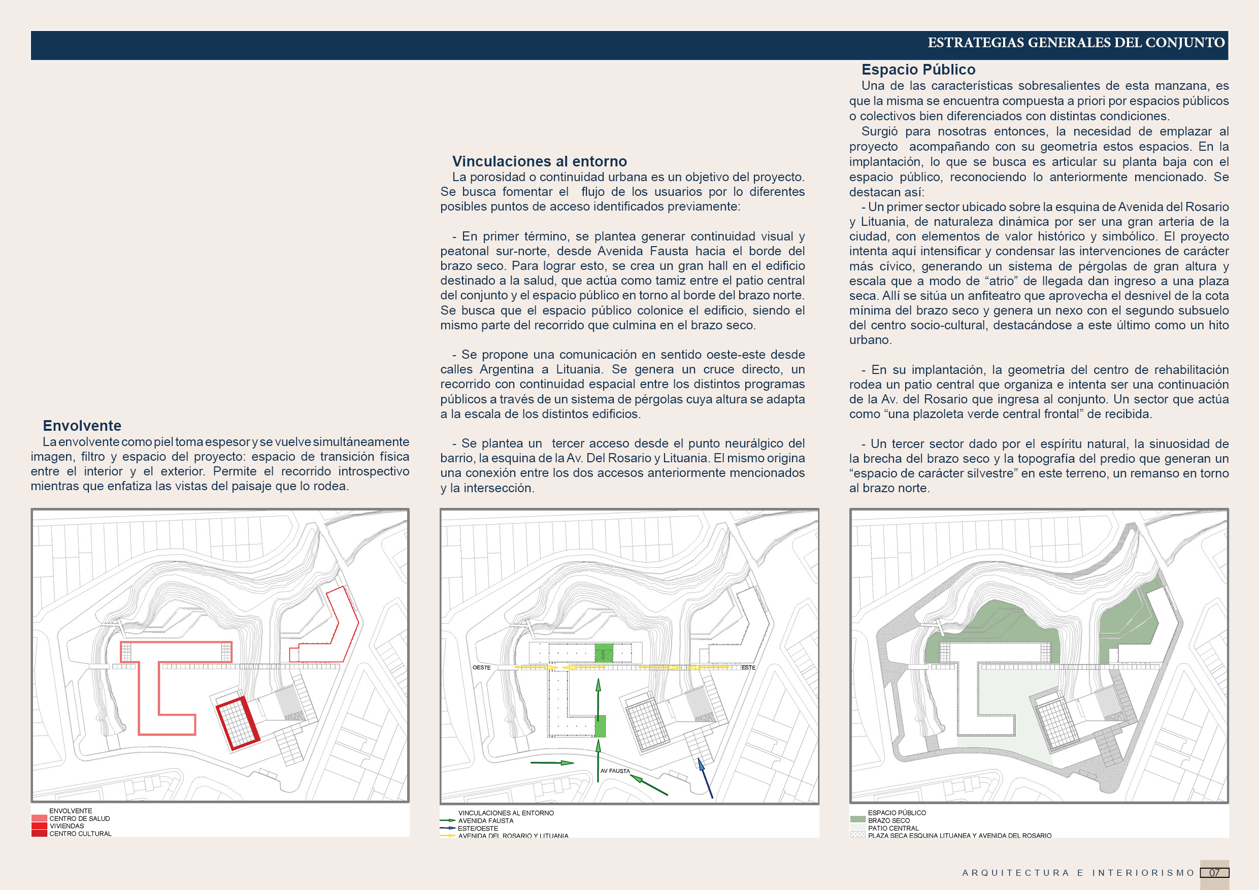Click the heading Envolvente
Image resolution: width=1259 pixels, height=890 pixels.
click(x=82, y=426)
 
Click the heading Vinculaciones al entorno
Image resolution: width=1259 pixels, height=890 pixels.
click(x=539, y=162)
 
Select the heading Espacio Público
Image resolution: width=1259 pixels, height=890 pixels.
click(x=918, y=70)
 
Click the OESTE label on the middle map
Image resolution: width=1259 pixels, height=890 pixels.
click(x=481, y=668)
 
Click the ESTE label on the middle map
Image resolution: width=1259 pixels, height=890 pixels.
click(x=748, y=668)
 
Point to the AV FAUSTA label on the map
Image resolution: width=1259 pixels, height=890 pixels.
click(x=615, y=771)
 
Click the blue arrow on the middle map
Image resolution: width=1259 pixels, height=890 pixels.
click(x=705, y=778)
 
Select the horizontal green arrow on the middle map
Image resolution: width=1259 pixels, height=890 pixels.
click(x=552, y=762)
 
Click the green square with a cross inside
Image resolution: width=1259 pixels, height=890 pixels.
click(x=604, y=653)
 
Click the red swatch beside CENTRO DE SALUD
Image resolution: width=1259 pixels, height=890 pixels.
click(x=39, y=818)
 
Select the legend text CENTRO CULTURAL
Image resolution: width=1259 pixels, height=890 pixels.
click(x=80, y=834)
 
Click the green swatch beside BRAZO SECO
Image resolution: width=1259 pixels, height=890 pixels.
click(x=857, y=820)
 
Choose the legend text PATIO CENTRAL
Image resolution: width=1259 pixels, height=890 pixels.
click(x=892, y=828)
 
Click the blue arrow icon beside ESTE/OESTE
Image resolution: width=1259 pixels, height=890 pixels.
click(x=447, y=828)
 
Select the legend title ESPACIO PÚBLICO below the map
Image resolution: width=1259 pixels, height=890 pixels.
click(x=897, y=813)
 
